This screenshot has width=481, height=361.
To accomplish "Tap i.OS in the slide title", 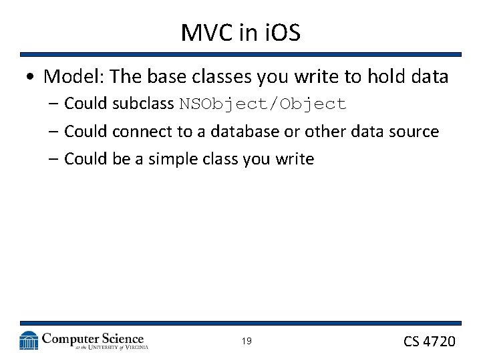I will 279,33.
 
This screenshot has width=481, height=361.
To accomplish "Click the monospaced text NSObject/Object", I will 262,104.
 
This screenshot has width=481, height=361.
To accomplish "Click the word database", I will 245,132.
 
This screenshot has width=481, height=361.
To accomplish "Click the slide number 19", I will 247,342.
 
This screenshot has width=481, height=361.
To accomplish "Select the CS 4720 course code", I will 429,342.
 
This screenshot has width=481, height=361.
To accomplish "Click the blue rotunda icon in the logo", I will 29,340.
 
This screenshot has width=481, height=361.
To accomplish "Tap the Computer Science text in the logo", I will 93,338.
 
